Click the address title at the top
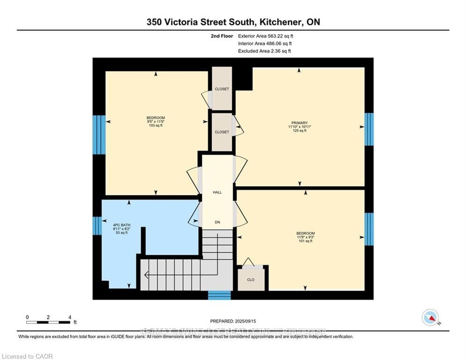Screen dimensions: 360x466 tap(233, 22)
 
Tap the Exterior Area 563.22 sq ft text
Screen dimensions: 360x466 tap(266, 36)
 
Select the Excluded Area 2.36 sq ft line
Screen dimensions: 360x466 tap(264, 51)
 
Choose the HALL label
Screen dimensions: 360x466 tap(217, 192)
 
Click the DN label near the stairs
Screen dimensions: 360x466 tap(217, 222)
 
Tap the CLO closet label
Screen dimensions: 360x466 tap(251, 280)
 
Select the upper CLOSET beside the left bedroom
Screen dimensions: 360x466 tap(222, 89)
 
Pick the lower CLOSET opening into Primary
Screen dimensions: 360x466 tap(222, 132)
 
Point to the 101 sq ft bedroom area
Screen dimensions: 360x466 tap(305, 241)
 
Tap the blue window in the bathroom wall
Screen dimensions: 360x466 tap(97, 225)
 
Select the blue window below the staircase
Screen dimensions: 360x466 tap(219, 295)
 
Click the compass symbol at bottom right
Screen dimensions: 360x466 tap(430, 317)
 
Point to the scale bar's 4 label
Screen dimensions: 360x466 tap(69, 317)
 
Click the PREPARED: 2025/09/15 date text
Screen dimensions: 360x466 tap(233, 321)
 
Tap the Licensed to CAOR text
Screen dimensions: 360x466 tap(27, 357)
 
